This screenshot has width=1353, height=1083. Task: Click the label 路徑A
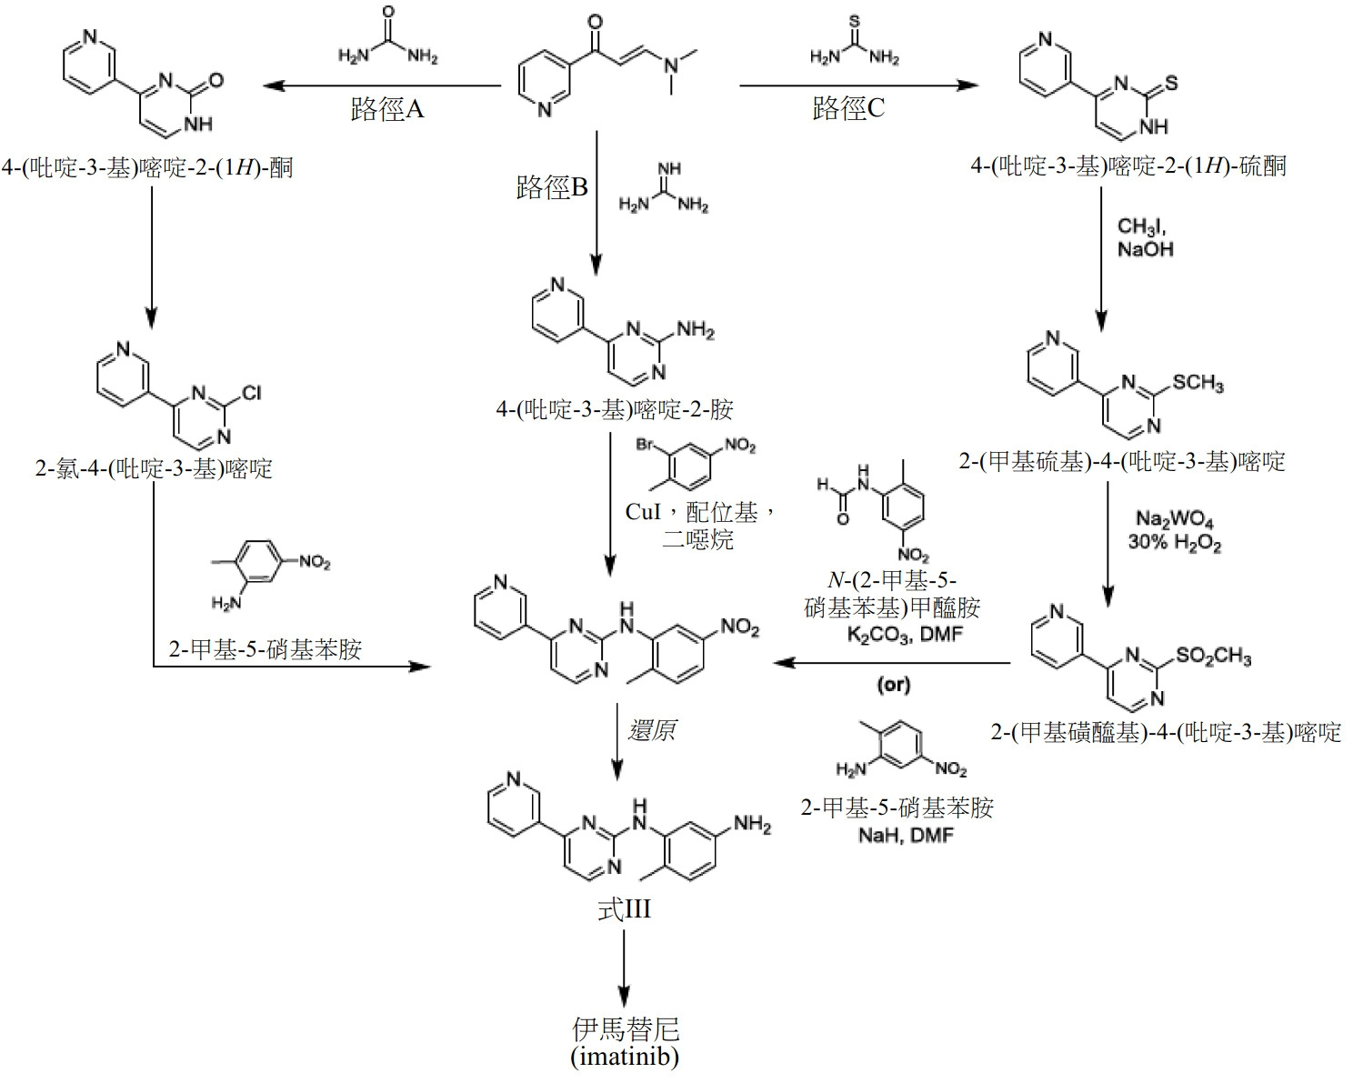click(387, 109)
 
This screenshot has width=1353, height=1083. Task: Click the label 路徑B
click(552, 186)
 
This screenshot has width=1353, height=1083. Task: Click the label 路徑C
click(848, 108)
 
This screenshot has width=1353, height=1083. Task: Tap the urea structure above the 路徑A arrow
click(388, 35)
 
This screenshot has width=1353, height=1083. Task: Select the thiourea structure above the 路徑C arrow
click(855, 40)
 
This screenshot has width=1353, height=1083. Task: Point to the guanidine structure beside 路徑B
click(663, 187)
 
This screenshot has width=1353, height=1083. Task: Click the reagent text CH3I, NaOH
click(1145, 237)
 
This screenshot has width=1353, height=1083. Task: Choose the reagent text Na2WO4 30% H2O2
click(1175, 531)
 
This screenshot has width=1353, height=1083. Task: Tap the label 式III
click(624, 909)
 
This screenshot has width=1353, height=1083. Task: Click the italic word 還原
click(652, 730)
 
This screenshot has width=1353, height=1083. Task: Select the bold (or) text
click(894, 684)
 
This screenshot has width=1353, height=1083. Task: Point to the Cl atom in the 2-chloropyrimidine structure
click(251, 393)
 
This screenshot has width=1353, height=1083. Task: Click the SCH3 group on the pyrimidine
click(1198, 383)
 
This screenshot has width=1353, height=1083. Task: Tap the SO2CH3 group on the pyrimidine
click(1213, 656)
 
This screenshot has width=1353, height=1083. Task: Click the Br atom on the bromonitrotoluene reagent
click(645, 445)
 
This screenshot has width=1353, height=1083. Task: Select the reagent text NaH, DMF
click(906, 836)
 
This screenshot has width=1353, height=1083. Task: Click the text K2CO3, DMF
click(905, 635)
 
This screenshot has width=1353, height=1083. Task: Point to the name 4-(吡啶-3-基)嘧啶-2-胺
click(615, 410)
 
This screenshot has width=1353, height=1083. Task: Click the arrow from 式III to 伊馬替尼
click(624, 968)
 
